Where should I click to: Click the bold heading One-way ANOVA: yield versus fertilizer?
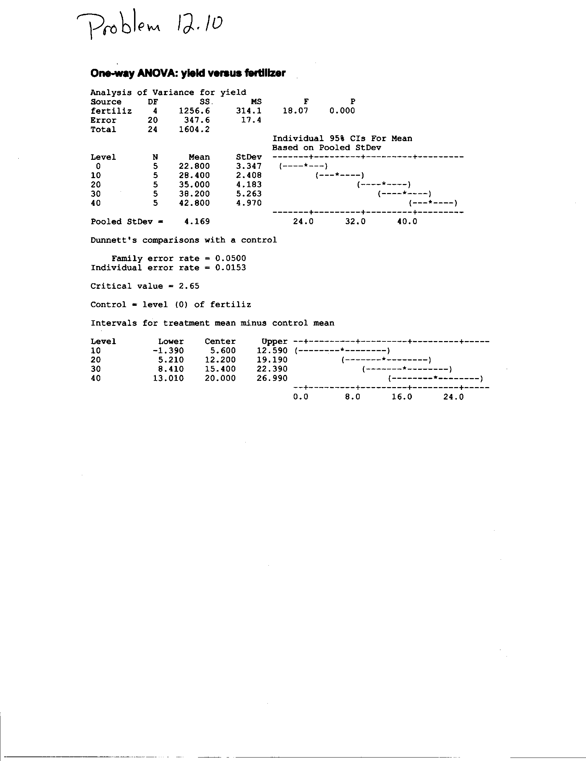(x=188, y=73)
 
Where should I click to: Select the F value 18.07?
(x=295, y=111)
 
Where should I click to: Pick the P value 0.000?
(x=342, y=111)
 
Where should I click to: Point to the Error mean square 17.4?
(x=251, y=120)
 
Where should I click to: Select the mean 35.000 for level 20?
(x=195, y=185)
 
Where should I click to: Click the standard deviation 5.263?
(x=249, y=194)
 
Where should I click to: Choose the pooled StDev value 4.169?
(x=197, y=222)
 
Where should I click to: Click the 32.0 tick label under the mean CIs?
(x=355, y=222)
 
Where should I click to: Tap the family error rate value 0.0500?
(x=230, y=258)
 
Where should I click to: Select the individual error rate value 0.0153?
(x=230, y=268)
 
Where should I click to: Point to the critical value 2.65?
(x=189, y=286)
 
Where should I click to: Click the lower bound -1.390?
(x=168, y=351)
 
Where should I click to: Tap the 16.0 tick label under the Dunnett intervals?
(x=402, y=397)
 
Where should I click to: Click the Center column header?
(x=220, y=341)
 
